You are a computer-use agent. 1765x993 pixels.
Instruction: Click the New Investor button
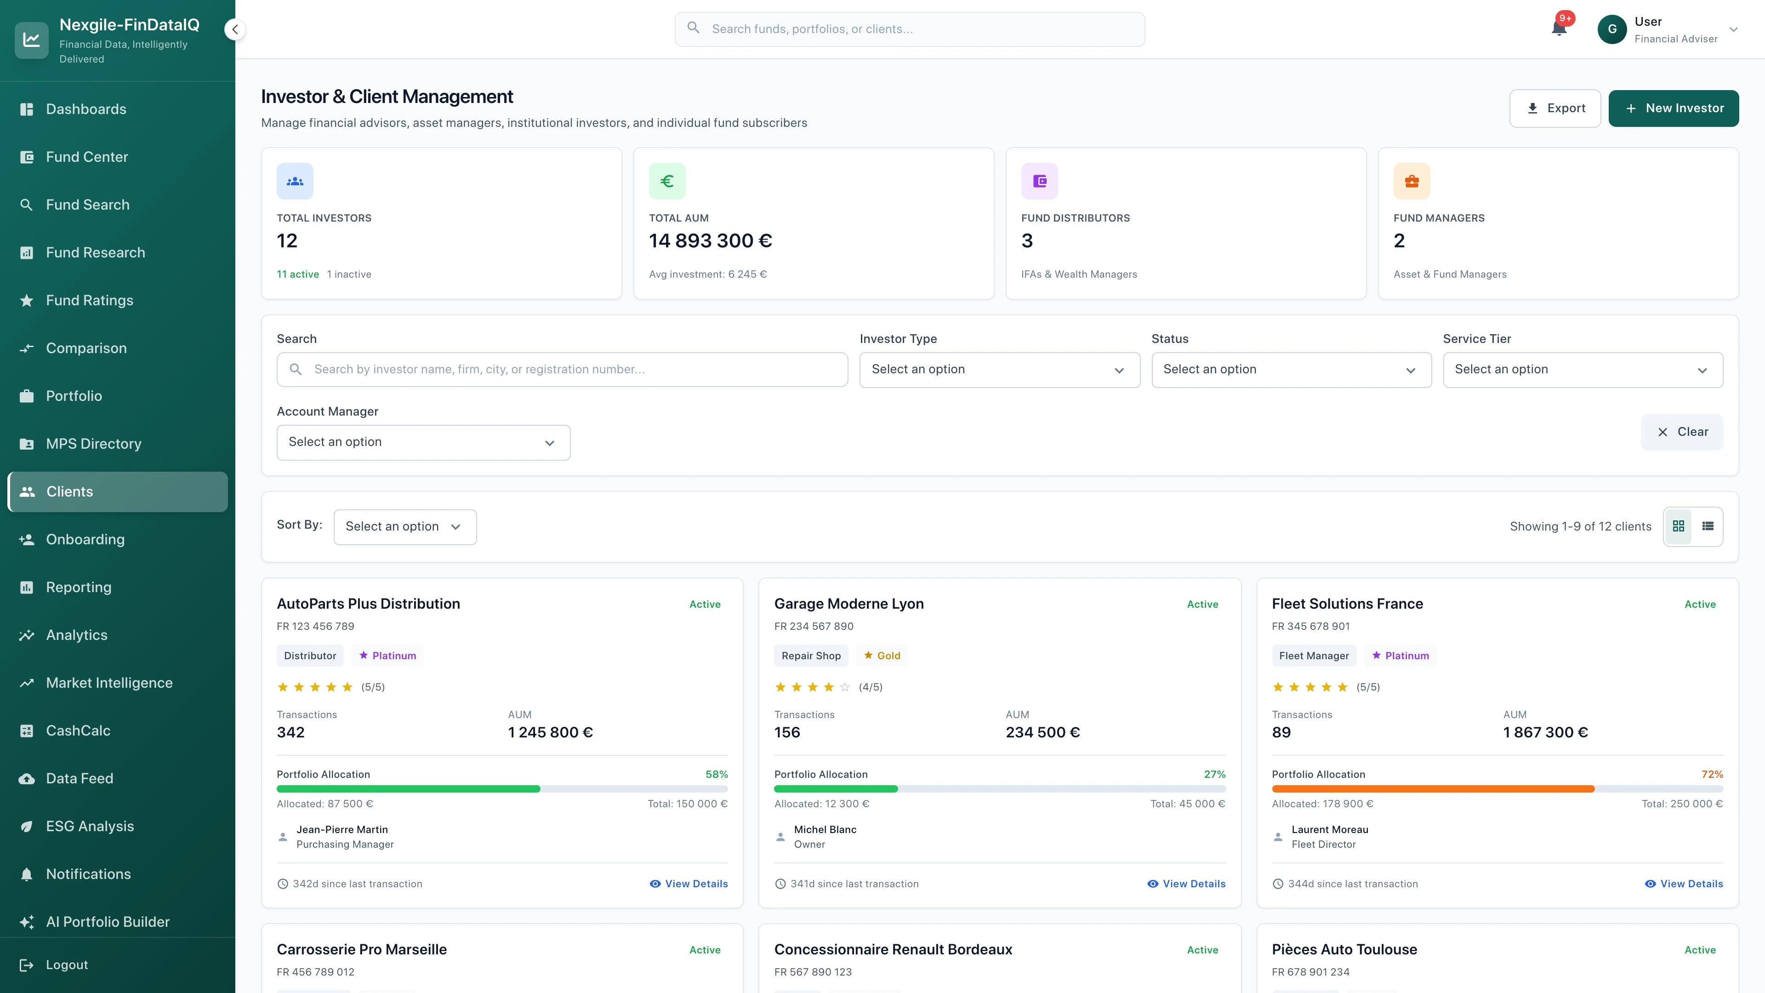[1673, 108]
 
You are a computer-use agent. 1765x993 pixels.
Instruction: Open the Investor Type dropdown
[999, 369]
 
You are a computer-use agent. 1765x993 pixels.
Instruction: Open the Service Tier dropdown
[1582, 369]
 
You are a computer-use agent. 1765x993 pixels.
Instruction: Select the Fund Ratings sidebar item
[89, 300]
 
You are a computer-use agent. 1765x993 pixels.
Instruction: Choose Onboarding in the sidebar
[85, 539]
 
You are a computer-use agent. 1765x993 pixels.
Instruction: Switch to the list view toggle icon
[1708, 526]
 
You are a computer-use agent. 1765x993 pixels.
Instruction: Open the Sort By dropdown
[404, 526]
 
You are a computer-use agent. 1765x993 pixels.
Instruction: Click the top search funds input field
[909, 29]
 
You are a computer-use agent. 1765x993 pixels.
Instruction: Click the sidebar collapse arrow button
[235, 29]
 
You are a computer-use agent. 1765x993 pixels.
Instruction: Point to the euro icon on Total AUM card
[666, 181]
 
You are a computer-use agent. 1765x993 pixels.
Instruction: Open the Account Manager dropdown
[423, 442]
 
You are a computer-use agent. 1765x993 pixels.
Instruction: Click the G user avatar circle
[1611, 29]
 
